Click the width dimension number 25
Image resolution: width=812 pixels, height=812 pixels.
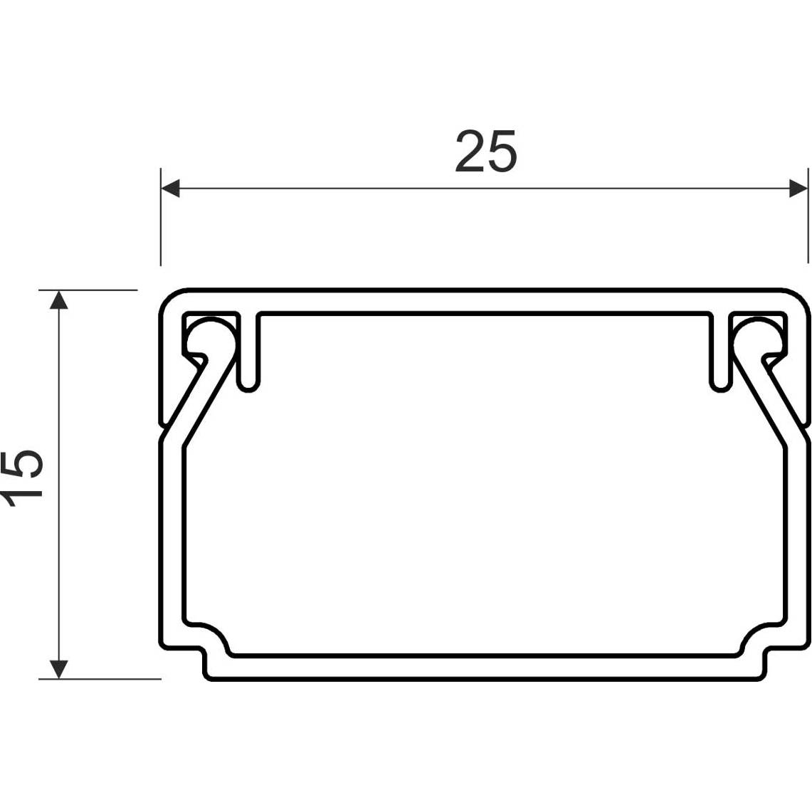pos(486,151)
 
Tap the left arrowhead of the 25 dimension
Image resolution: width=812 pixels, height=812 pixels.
pos(170,188)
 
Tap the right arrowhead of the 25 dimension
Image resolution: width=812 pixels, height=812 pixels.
pos(798,188)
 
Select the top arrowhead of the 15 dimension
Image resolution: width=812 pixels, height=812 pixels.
pos(59,300)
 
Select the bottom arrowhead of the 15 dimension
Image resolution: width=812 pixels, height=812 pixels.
pos(59,669)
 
